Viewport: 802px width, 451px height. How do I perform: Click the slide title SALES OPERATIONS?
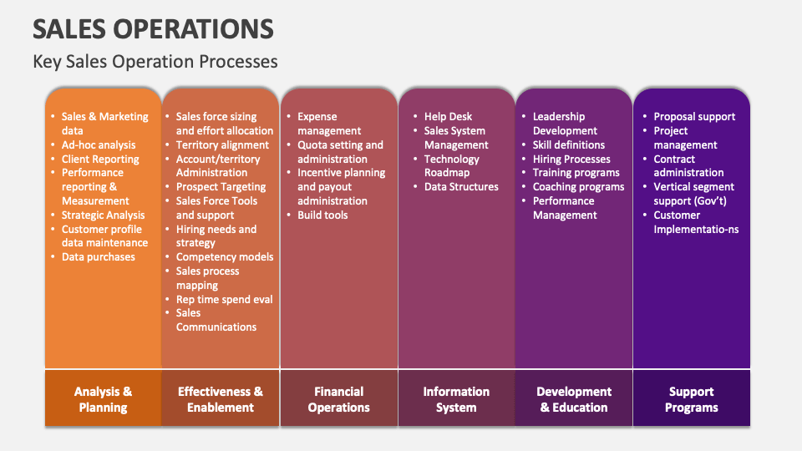pos(153,28)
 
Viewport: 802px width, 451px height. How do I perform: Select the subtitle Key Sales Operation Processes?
pos(155,62)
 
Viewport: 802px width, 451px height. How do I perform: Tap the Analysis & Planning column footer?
pos(103,399)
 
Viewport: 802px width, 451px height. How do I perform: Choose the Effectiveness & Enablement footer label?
pos(221,399)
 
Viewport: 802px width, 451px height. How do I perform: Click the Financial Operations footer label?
pos(338,399)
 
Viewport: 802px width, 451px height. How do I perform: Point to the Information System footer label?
pos(456,399)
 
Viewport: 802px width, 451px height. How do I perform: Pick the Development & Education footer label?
pos(574,399)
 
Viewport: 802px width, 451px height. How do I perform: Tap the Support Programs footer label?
pos(692,399)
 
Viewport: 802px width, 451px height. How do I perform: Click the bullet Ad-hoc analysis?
pos(99,145)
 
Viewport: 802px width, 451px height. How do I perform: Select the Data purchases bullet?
pos(99,257)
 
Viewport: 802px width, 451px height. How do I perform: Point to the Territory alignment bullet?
pos(222,145)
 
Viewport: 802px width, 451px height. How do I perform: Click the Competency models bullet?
pos(225,257)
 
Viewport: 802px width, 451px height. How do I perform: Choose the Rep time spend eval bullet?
pos(224,299)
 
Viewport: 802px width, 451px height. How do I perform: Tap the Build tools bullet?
pos(322,215)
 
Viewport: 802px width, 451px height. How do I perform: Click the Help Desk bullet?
pos(448,117)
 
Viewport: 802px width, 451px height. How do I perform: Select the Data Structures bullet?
pos(461,187)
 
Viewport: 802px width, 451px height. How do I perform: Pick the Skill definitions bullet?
pos(569,145)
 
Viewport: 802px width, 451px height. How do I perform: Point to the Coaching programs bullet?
pos(578,187)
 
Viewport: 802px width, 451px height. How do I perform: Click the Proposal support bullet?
pos(694,117)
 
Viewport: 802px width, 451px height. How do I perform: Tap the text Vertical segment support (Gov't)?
pos(693,195)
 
